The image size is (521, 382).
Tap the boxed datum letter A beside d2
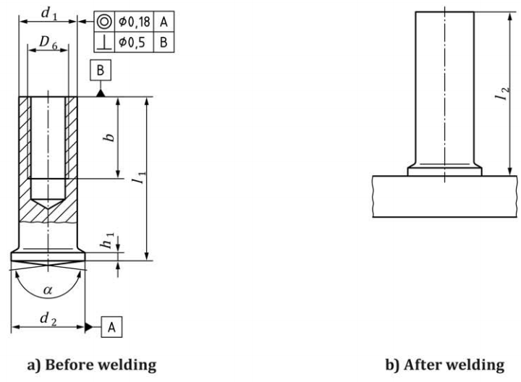click(112, 327)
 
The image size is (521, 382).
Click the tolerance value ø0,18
click(136, 22)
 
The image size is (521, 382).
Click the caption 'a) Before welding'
click(91, 365)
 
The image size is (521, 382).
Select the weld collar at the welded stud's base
click(444, 171)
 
